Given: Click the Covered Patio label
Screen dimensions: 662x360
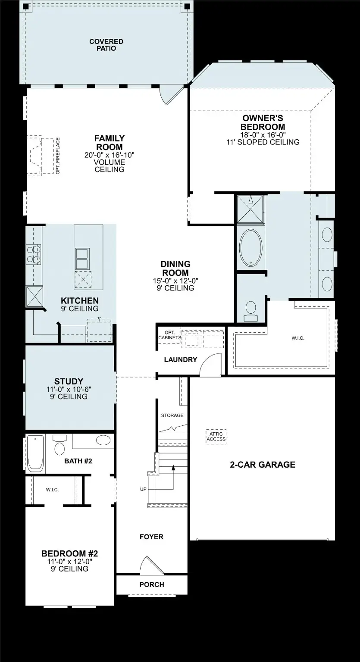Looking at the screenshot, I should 106,45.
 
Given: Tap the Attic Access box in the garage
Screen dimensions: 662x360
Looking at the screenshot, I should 216,437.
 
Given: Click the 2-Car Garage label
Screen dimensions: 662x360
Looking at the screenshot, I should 262,465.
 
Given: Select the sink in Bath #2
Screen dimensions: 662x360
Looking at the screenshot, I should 103,440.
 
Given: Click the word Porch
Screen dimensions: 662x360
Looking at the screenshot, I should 152,585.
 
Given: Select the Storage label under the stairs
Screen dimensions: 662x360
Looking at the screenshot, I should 172,415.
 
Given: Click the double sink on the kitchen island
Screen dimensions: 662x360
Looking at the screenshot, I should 82,258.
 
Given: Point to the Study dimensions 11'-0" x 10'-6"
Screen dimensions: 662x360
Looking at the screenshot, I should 69,389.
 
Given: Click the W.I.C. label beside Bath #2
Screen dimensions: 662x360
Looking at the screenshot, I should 52,490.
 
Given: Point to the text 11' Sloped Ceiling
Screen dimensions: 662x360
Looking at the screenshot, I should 263,142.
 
